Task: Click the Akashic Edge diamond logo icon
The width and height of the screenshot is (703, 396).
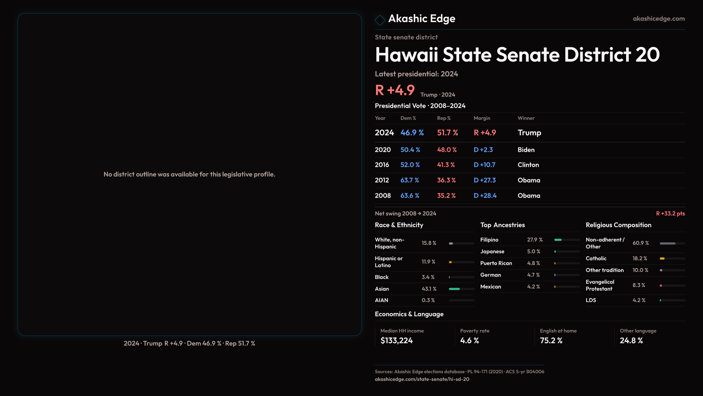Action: (380, 20)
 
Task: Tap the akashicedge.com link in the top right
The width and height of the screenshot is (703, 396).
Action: (659, 19)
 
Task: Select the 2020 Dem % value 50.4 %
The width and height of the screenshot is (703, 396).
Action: (410, 150)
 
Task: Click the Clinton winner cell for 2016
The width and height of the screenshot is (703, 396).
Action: (528, 165)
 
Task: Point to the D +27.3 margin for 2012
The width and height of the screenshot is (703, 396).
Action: (484, 180)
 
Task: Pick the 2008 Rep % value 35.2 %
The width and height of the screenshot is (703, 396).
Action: (446, 196)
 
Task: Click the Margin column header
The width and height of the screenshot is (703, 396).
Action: (482, 118)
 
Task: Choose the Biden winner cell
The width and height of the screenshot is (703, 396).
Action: (526, 150)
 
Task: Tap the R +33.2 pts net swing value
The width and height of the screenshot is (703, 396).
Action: (670, 214)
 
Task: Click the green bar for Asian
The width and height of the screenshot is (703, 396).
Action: (454, 289)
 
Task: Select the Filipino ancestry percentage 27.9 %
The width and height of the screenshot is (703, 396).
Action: (535, 240)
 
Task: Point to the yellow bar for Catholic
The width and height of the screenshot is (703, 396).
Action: (662, 258)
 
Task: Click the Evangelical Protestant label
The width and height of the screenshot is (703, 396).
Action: (600, 285)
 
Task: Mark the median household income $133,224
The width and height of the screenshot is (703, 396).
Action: (397, 341)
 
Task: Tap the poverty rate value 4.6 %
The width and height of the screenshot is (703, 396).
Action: (469, 341)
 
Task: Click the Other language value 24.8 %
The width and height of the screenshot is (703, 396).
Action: (631, 341)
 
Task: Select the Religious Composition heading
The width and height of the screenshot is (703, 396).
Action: (618, 225)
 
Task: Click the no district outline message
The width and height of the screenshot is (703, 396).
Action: (189, 175)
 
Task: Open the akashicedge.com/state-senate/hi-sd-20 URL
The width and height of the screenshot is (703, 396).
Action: (422, 379)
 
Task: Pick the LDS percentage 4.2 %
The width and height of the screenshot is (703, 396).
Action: (639, 300)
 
